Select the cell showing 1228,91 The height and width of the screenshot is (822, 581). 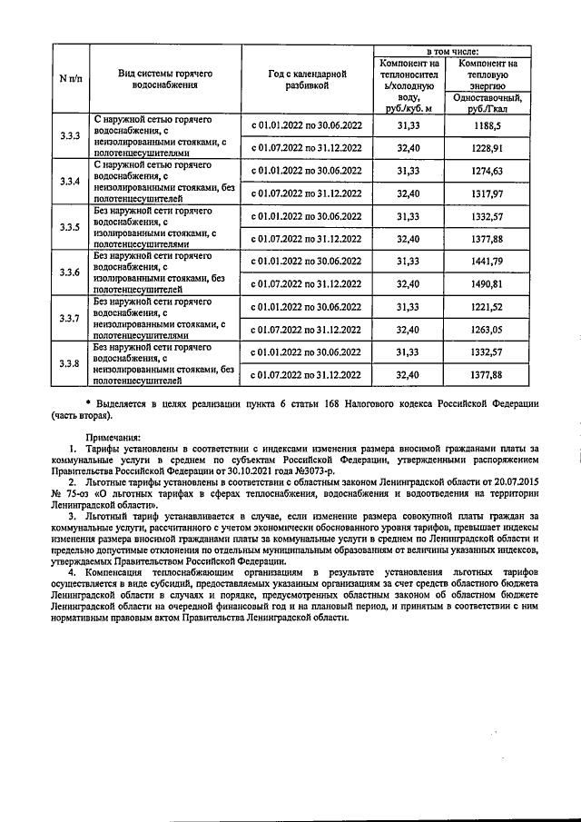487,147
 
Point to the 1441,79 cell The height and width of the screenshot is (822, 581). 487,261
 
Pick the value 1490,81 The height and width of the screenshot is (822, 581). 487,283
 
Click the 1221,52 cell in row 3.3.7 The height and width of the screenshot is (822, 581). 487,306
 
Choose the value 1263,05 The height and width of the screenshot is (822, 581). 487,329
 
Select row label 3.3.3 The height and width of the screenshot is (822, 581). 70,136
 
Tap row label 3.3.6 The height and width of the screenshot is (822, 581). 70,272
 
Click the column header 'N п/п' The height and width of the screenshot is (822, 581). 70,77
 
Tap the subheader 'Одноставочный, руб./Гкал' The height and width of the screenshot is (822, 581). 487,103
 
